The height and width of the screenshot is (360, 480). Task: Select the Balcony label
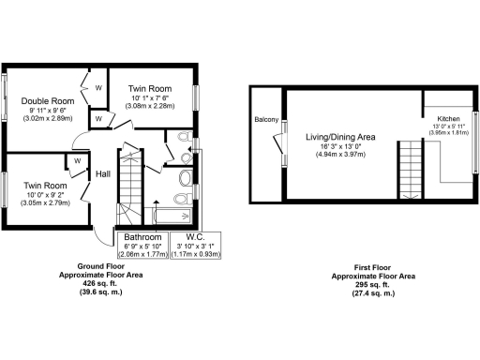(266, 120)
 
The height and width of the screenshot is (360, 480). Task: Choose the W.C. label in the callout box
(195, 236)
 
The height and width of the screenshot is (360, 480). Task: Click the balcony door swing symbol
(277, 142)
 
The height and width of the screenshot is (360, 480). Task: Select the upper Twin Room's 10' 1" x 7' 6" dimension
(150, 97)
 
